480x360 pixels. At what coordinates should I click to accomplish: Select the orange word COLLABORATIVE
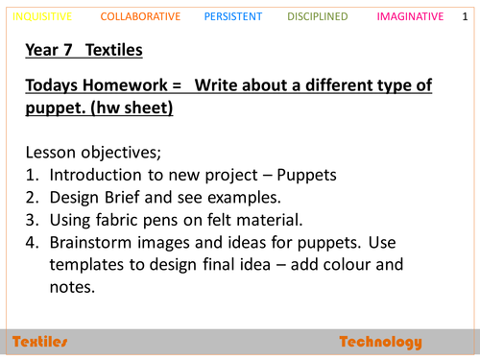[139, 16]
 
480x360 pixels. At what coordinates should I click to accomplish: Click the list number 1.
[30, 176]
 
